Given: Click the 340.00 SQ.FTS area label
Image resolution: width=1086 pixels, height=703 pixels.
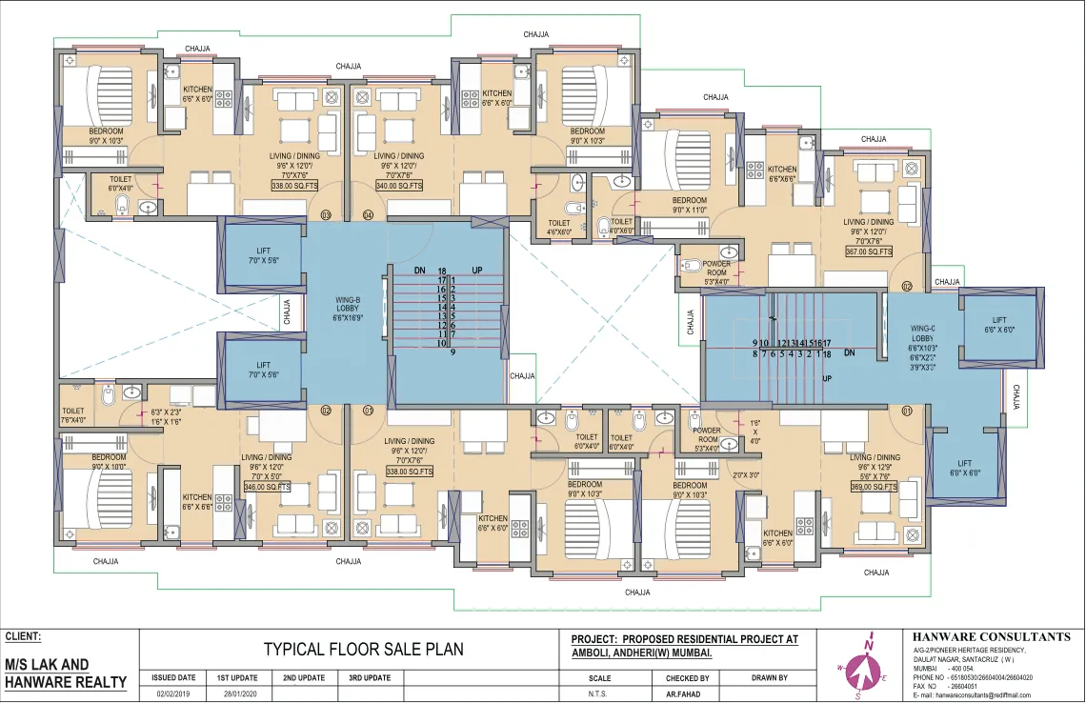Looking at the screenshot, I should click(x=398, y=186).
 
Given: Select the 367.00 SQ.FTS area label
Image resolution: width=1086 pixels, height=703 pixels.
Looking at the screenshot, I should click(x=869, y=251).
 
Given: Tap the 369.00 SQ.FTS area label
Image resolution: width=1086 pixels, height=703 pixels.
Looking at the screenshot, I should click(x=875, y=487).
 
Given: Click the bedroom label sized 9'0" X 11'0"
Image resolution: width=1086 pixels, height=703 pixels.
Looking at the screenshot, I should click(x=690, y=206).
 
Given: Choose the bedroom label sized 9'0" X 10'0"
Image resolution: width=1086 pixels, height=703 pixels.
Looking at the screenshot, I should click(x=109, y=462).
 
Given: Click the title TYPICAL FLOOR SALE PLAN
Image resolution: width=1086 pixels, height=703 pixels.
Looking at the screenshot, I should click(x=363, y=650).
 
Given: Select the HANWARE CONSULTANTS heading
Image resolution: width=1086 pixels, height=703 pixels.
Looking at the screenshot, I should click(x=991, y=636).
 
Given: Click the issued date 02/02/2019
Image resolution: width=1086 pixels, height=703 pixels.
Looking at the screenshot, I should click(x=174, y=694).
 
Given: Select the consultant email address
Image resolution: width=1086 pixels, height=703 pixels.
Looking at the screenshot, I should click(x=985, y=695).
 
